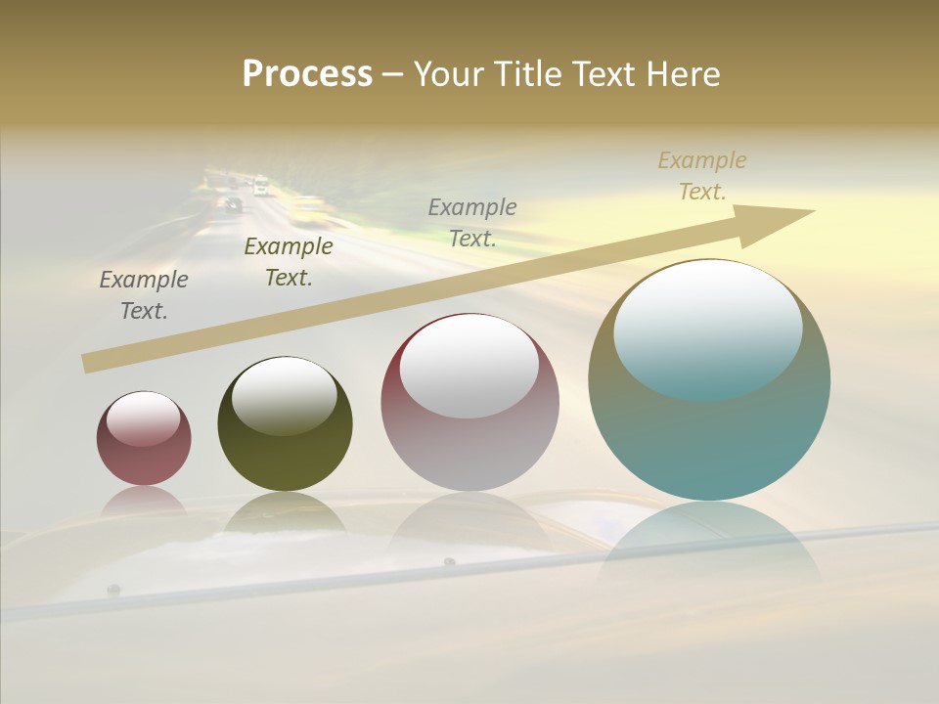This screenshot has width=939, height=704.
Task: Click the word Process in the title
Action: [307, 73]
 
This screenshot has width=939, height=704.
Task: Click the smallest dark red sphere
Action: [144, 440]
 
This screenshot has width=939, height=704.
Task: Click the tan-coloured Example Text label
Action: [702, 176]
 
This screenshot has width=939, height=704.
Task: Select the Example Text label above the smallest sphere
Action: [144, 295]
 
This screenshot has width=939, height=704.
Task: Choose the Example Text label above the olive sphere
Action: [289, 262]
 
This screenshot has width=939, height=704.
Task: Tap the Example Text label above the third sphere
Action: [472, 222]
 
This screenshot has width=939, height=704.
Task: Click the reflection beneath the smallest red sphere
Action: [144, 501]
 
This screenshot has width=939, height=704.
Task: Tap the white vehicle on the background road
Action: [260, 185]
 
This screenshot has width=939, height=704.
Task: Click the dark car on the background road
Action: [233, 204]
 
